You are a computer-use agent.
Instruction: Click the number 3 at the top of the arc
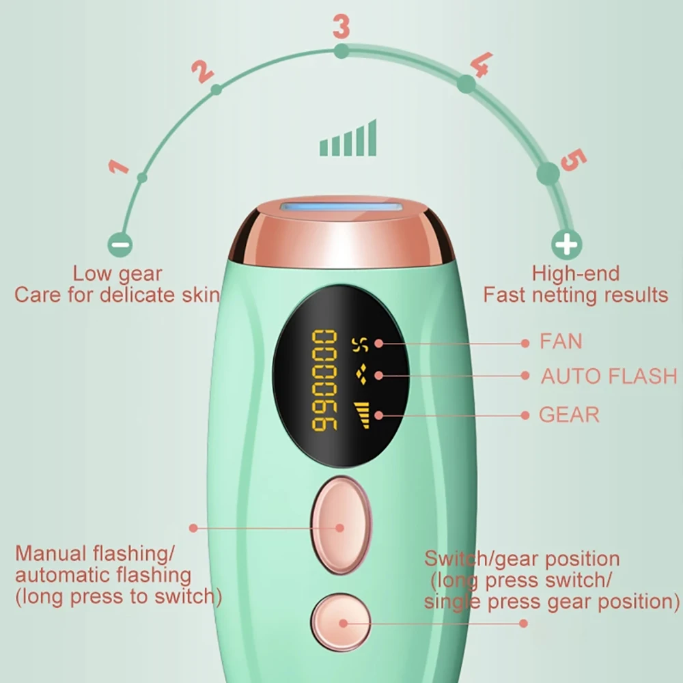(x=341, y=27)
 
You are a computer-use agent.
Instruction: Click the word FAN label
(x=561, y=341)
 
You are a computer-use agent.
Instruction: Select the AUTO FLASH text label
(x=609, y=376)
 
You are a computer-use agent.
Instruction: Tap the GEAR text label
(x=569, y=415)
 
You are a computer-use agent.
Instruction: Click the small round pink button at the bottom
(x=339, y=623)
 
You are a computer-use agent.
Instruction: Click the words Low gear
(x=117, y=274)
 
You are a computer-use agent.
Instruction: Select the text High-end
(x=576, y=274)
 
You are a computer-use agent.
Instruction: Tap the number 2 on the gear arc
(x=202, y=70)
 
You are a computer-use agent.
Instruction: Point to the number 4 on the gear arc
(x=480, y=65)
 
